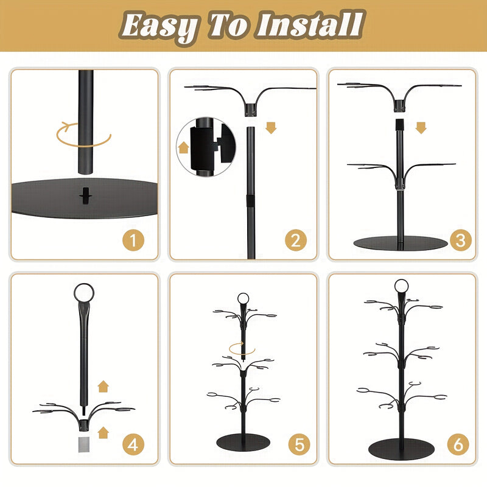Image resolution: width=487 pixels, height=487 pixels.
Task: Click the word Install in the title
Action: coord(310,24)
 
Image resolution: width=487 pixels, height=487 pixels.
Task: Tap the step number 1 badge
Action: coord(133,240)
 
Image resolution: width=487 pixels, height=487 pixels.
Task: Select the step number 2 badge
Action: coord(296,240)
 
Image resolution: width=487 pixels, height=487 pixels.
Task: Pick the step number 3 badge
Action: coord(461,240)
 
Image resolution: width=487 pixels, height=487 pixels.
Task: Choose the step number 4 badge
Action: coord(133,444)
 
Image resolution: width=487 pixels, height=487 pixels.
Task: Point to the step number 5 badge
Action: coord(300,444)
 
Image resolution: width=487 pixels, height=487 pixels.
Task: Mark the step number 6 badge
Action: coord(458,444)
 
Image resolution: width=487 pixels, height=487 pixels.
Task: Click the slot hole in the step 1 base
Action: coord(85,196)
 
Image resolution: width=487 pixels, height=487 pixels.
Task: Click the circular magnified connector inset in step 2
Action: coord(206,147)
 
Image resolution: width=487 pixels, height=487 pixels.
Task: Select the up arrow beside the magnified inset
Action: coord(184,147)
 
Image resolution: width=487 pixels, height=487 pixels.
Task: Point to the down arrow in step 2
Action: coord(271,128)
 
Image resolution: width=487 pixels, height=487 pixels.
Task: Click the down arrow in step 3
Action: coord(421,128)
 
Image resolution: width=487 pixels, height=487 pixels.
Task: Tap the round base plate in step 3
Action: coord(401,243)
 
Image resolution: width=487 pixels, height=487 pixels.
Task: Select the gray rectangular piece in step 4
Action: coord(84,444)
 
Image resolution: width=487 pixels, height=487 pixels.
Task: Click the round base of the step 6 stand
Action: coord(401,449)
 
